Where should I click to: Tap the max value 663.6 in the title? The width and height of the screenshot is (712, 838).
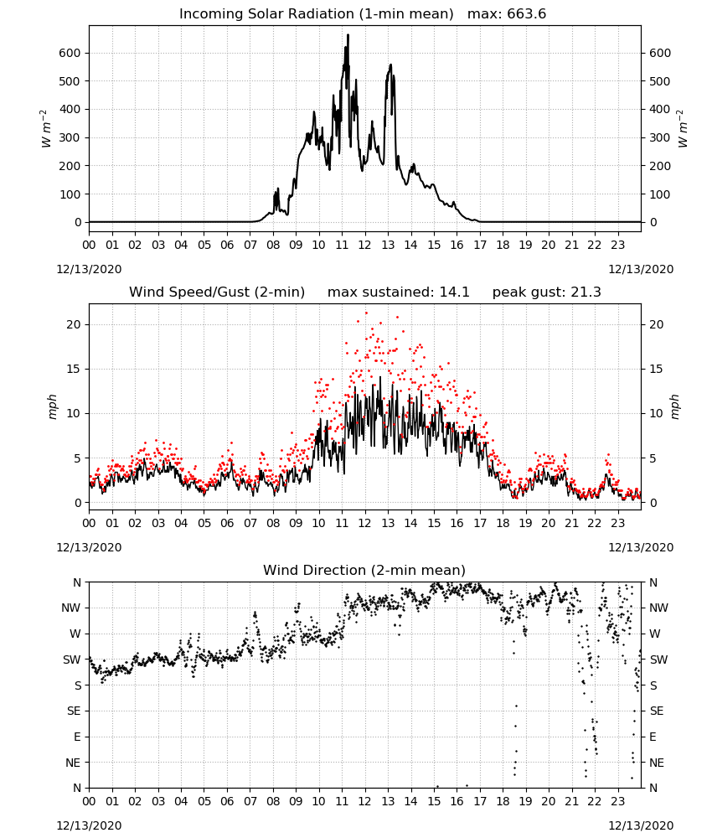[x=526, y=13]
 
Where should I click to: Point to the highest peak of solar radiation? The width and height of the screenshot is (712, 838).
[x=348, y=35]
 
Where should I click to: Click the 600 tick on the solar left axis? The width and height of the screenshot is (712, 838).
[x=70, y=53]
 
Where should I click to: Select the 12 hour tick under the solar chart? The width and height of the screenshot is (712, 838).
[x=365, y=245]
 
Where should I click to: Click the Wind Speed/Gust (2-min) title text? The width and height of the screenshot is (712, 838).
[x=217, y=292]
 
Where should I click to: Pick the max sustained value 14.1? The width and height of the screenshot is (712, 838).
[x=455, y=292]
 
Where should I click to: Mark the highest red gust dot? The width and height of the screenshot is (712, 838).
[x=366, y=313]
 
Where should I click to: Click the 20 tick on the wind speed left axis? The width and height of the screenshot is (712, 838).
[x=75, y=324]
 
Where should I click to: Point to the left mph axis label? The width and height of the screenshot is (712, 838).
[x=52, y=406]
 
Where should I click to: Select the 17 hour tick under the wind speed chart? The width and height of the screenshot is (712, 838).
[x=480, y=523]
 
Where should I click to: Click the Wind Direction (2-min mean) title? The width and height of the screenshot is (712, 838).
[x=364, y=570]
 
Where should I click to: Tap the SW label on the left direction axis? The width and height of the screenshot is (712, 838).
[x=72, y=660]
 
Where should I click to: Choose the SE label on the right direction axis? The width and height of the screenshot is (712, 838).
[x=657, y=711]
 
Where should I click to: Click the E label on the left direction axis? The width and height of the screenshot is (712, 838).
[x=77, y=737]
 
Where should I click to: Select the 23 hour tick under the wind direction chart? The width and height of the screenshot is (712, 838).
[x=618, y=801]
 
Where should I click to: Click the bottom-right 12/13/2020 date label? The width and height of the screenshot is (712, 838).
[x=641, y=825]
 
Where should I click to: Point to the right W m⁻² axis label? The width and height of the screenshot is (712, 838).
[x=684, y=128]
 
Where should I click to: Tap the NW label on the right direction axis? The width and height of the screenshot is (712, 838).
[x=658, y=608]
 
